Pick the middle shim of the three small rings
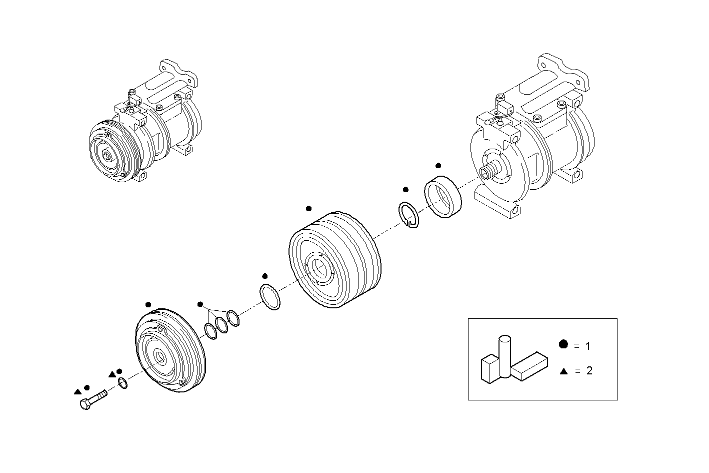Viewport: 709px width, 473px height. (221, 324)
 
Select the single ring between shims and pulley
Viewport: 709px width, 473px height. (270, 297)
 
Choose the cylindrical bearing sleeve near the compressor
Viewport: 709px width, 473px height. (443, 196)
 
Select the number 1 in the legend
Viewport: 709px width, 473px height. (588, 346)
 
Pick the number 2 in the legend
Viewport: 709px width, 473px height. (589, 371)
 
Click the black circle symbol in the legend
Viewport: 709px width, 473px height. (563, 344)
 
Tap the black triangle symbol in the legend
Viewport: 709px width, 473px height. (563, 371)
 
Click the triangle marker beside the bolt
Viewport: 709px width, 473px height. (77, 391)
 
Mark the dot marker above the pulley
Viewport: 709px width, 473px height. (308, 208)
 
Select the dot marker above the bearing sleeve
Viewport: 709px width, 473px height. (438, 165)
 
